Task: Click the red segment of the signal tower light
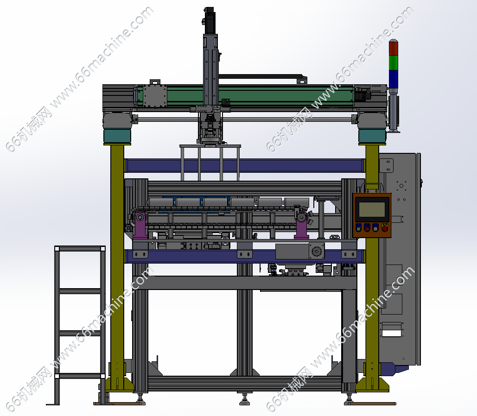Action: coord(394,48)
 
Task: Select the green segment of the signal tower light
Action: coord(394,63)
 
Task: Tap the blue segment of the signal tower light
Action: coord(394,79)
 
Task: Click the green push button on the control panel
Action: coord(359,228)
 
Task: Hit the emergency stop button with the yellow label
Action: coord(385,227)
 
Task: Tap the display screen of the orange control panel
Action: coord(372,209)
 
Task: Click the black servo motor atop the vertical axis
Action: coord(210,21)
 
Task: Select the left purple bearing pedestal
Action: coord(140,225)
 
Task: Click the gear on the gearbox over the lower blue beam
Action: coord(317,252)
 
